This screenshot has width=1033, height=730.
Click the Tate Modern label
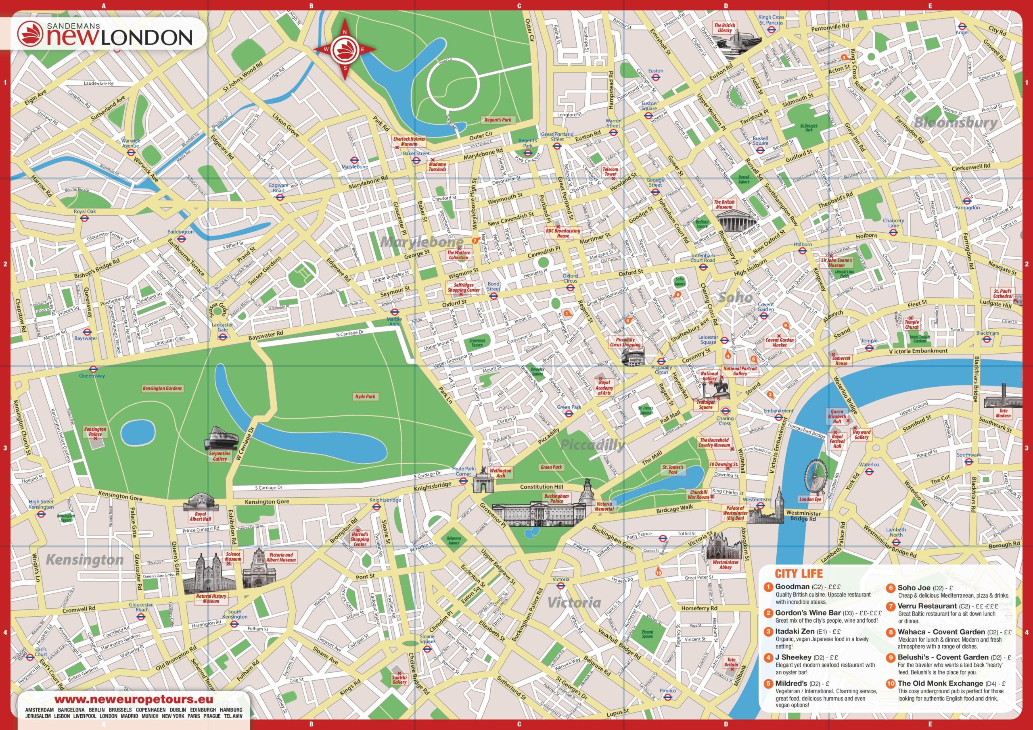tap(1003, 413)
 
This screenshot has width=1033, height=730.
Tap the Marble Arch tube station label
tap(394, 321)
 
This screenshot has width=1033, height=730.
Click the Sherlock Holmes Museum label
tap(409, 141)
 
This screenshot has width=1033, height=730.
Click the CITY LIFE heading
tap(799, 574)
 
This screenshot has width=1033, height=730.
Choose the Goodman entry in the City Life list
tap(792, 587)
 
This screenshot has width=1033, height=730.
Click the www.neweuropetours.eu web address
tap(133, 699)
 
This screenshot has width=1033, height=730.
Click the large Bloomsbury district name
tap(956, 122)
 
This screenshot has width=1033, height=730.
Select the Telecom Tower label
tap(610, 171)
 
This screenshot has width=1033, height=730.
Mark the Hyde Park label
tap(365, 397)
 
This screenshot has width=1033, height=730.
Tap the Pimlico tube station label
tap(668, 690)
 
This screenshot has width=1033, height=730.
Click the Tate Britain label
tap(731, 662)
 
